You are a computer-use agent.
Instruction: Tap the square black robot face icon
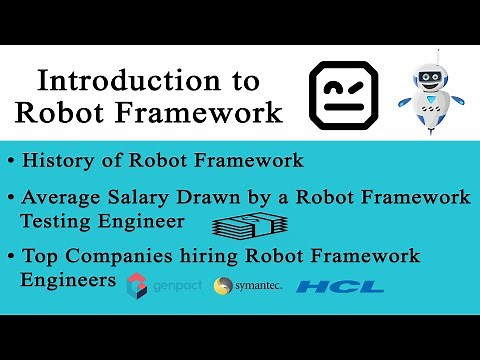coord(343,94)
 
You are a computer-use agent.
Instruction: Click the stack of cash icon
coord(245,226)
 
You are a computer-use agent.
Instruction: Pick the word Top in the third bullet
coord(39,256)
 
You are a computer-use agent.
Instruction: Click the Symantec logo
coord(244,287)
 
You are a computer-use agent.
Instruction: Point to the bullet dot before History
coord(10,160)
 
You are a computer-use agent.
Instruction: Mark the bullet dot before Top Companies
coord(10,257)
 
